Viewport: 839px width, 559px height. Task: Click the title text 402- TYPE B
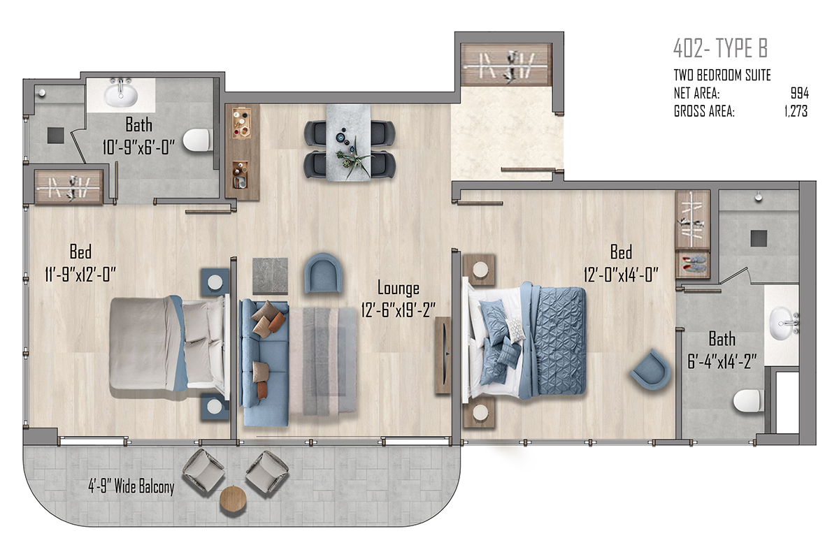coord(720,48)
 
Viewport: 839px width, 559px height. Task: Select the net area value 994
coord(800,93)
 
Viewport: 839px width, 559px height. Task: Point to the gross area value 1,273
coord(796,111)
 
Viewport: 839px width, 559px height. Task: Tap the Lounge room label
coord(398,288)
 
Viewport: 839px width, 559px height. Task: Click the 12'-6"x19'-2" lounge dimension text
coord(398,310)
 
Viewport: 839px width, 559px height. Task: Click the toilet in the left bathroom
coord(197,140)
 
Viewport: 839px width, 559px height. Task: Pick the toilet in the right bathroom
coord(748,401)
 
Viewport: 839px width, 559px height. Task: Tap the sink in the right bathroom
coord(783,323)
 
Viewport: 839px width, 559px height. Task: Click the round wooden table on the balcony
coord(233,499)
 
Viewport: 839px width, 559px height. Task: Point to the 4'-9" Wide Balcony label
coord(131,487)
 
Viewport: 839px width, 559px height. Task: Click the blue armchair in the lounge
coord(323,273)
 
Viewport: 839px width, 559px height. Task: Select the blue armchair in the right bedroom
coord(650,369)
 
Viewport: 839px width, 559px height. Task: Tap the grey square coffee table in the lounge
coord(270,276)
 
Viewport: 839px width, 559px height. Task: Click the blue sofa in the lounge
coord(264,363)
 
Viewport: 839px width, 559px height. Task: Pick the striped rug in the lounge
coord(322,361)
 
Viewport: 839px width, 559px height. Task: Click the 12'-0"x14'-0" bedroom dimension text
coord(621,275)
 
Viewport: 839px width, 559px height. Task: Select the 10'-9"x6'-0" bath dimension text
coord(138,147)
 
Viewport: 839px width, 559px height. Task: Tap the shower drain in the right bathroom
coord(759,238)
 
